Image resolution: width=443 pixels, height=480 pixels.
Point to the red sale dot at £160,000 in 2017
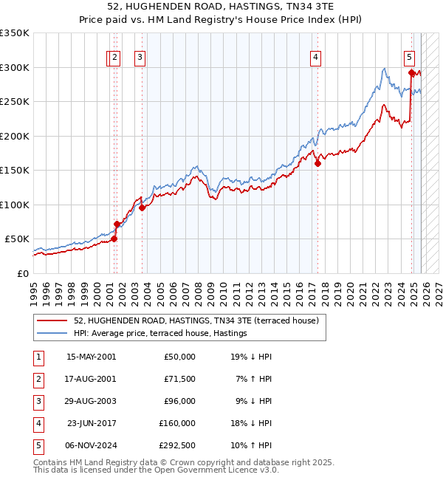click(317, 164)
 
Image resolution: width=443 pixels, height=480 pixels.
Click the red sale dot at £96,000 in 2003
click(142, 208)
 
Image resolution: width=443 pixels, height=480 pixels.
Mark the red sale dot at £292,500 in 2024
click(411, 72)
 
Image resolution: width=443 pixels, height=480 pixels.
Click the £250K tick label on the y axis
click(15, 102)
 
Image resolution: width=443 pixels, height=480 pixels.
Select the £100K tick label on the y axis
click(15, 205)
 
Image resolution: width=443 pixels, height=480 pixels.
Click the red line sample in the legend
click(52, 321)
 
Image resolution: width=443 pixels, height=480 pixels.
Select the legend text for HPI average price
click(159, 334)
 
